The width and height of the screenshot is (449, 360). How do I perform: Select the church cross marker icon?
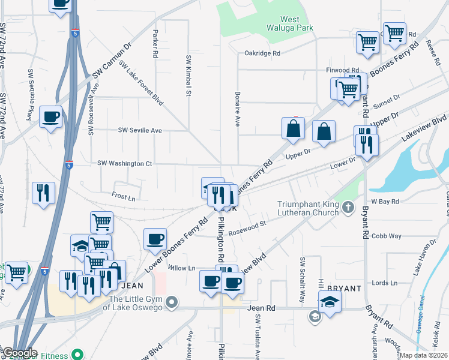(349, 208)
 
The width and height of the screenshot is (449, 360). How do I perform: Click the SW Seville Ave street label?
(140, 130)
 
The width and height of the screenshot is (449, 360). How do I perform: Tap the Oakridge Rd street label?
(262, 53)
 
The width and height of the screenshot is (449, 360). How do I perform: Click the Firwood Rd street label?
(342, 70)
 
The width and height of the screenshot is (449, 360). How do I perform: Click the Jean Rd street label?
(261, 308)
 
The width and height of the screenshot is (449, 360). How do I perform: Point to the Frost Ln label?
(124, 196)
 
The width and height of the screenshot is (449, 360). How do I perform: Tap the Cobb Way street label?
(386, 236)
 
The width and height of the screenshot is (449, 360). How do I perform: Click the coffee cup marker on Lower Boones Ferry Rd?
(155, 239)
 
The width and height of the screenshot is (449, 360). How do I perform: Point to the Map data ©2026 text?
(423, 355)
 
